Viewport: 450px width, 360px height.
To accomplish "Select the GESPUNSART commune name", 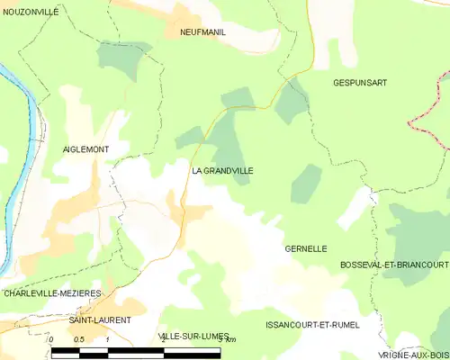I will click(360, 82).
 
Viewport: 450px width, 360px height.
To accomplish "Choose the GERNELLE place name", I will click(305, 248).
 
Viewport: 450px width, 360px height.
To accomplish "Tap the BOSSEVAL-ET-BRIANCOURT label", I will click(394, 265).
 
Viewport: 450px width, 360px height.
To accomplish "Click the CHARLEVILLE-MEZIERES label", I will click(52, 293).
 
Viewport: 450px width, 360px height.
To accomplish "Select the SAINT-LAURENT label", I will click(101, 319).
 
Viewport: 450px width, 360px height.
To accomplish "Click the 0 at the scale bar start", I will click(52, 339).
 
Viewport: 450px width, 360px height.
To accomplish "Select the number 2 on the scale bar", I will click(162, 339).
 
